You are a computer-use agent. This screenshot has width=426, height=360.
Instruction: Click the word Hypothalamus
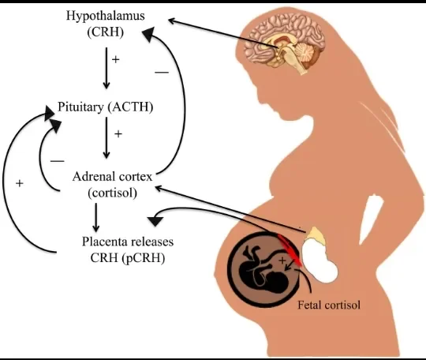coord(106,17)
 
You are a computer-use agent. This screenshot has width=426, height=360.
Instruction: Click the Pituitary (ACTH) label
coord(106,107)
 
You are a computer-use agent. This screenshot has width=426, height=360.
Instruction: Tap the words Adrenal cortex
coord(112,177)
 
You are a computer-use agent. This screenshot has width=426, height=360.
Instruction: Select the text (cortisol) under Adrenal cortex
coord(112,193)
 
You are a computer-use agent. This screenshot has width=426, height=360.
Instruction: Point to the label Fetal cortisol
coord(329,305)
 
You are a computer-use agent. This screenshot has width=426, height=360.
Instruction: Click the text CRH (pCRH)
coord(128,258)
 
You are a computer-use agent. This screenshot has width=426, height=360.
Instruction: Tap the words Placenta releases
coord(128,242)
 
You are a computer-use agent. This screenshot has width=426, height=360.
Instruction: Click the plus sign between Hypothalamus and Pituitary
coord(116,59)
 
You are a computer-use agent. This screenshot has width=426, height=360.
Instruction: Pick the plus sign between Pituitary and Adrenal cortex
coord(118,133)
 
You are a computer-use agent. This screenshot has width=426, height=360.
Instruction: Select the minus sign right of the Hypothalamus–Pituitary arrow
coord(162,73)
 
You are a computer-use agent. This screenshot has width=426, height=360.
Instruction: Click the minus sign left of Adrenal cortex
coord(58,161)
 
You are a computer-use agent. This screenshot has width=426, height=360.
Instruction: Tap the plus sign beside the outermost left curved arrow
coord(19,183)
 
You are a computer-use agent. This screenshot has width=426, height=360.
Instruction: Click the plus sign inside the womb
coord(282,261)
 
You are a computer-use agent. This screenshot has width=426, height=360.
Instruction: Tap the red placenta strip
coord(290,249)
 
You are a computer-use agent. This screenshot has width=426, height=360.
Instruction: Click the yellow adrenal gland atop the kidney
coord(316,235)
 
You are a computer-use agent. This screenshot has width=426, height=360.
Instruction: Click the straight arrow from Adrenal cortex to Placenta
coord(95,217)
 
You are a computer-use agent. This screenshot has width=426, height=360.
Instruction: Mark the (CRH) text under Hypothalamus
coord(106,32)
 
